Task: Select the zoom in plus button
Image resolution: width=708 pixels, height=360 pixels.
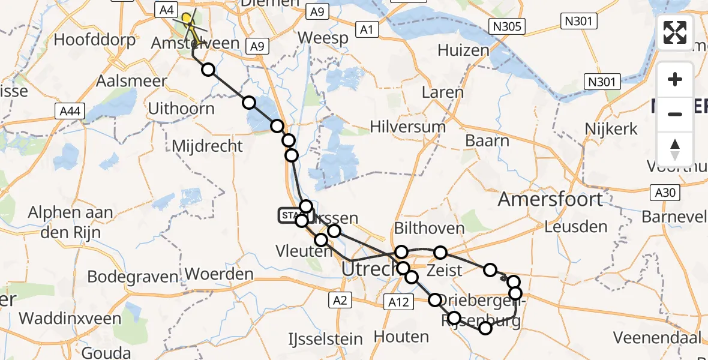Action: point(675,79)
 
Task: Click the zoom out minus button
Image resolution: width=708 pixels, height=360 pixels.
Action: point(675,114)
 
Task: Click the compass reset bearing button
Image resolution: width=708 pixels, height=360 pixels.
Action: point(675,148)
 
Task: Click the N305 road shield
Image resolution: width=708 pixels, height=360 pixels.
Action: point(506,26)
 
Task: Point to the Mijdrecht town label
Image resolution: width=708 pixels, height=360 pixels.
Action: point(207,146)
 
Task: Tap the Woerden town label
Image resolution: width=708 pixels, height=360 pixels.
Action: point(219,275)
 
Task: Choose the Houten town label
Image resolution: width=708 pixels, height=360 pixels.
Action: point(401,337)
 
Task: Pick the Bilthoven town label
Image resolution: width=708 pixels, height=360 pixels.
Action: point(429,229)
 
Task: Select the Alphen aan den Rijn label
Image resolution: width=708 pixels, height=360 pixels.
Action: point(71,221)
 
